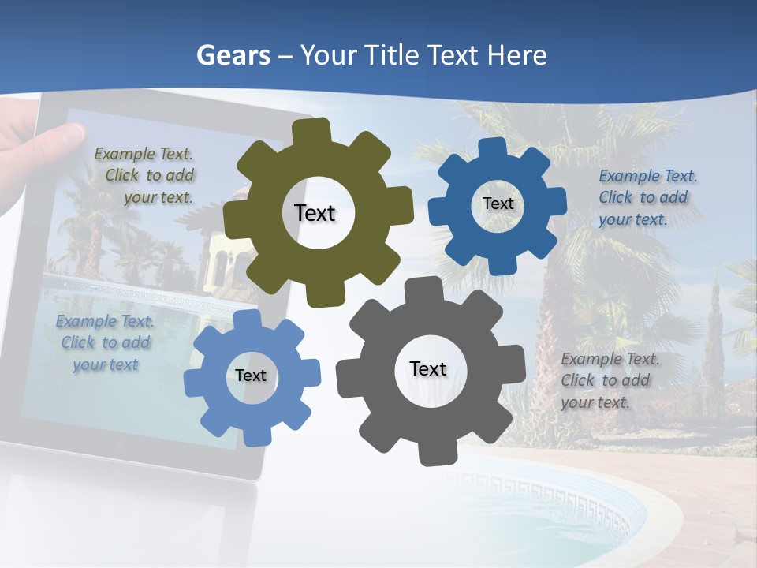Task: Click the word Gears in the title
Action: coord(233,55)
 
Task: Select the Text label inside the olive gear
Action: coord(315,213)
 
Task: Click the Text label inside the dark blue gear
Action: coord(498,204)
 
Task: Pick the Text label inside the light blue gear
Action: coord(251,376)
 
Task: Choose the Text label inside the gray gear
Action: coord(428,368)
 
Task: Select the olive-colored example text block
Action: coord(147,176)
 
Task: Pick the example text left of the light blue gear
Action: coord(105,343)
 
